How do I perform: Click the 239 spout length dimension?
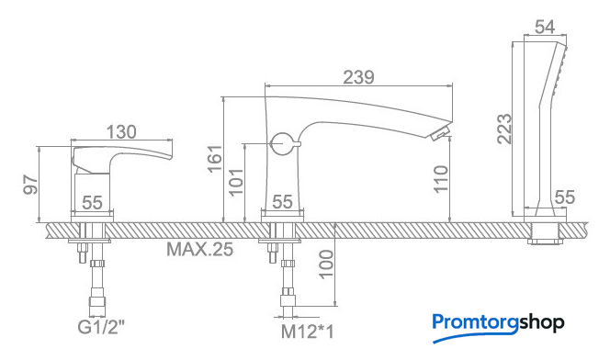tap(358, 77)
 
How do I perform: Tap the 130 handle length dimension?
tap(122, 132)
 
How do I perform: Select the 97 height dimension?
tap(30, 185)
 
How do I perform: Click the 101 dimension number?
tap(235, 182)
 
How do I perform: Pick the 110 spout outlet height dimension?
tap(441, 178)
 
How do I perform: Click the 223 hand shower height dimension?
tap(504, 129)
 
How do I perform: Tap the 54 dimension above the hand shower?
tap(545, 28)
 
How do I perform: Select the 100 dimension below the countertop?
tap(326, 264)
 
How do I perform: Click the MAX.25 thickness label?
tap(200, 249)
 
